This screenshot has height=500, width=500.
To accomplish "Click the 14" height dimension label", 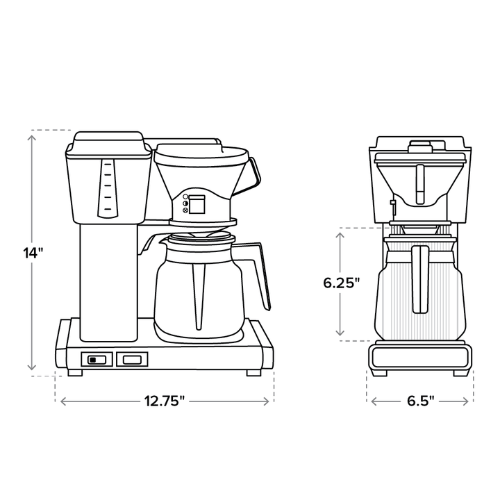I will (32, 252).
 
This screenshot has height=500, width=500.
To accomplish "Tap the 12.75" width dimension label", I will (165, 401).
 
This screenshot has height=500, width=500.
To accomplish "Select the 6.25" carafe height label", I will (342, 283).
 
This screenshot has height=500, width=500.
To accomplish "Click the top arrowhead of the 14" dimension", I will (32, 137).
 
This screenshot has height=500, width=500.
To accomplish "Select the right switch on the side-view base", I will (132, 359).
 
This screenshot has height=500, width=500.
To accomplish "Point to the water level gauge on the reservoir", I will (106, 187).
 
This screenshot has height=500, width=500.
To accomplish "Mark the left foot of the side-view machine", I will (75, 372).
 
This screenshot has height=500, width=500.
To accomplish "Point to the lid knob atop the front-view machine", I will (421, 146).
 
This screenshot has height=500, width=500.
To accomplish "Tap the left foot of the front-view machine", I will (379, 372).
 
